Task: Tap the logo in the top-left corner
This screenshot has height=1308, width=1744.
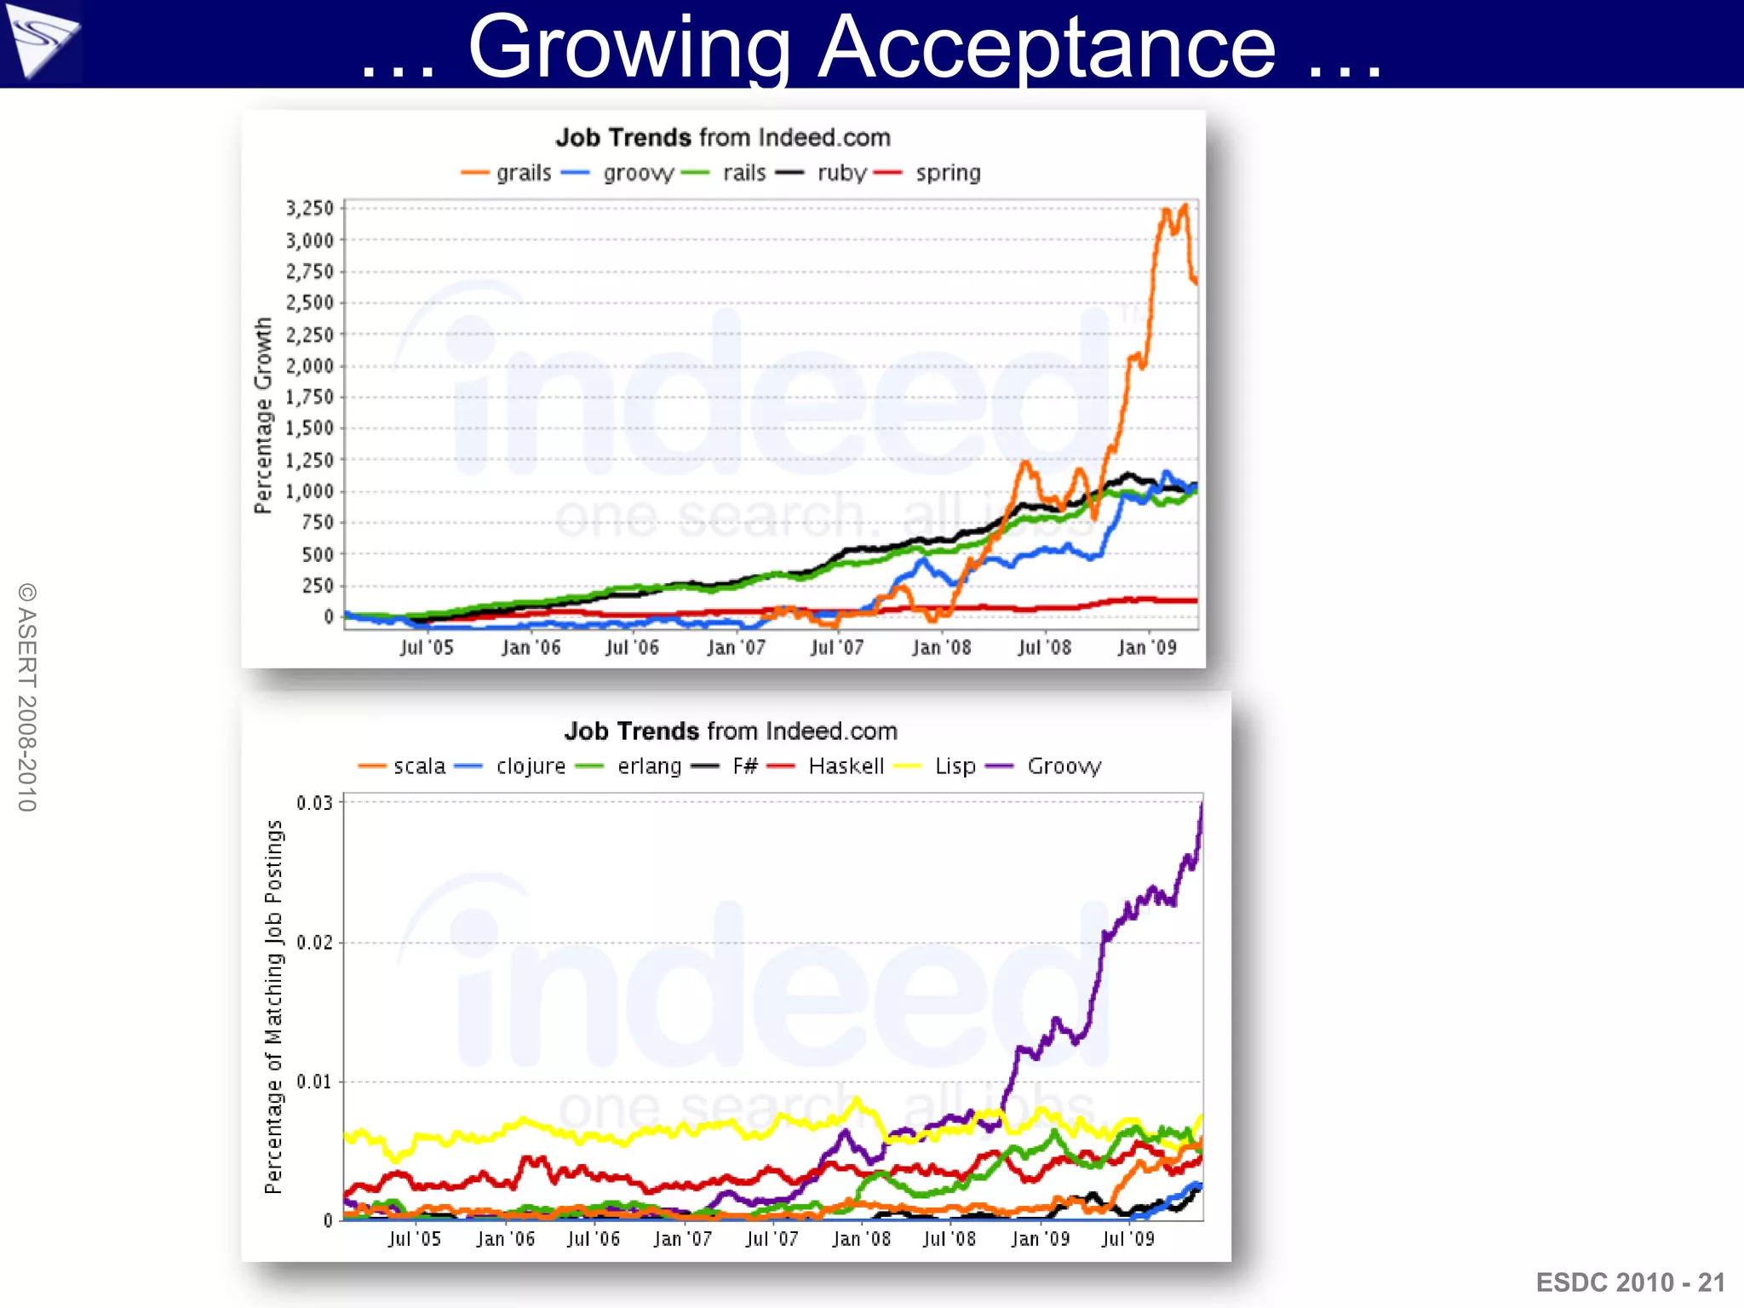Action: (x=40, y=42)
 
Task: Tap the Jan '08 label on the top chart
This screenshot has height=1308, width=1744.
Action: (x=941, y=648)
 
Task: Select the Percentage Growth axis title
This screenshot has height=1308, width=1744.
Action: (x=263, y=416)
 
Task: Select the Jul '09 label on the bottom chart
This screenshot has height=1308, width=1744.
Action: (x=1127, y=1239)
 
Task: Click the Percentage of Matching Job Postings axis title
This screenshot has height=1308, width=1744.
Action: (x=273, y=1007)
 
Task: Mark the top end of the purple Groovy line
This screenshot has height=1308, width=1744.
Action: (x=1202, y=804)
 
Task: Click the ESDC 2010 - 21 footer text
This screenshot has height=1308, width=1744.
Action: (x=1630, y=1282)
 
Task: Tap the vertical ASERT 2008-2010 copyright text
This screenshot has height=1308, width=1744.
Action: (x=27, y=697)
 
